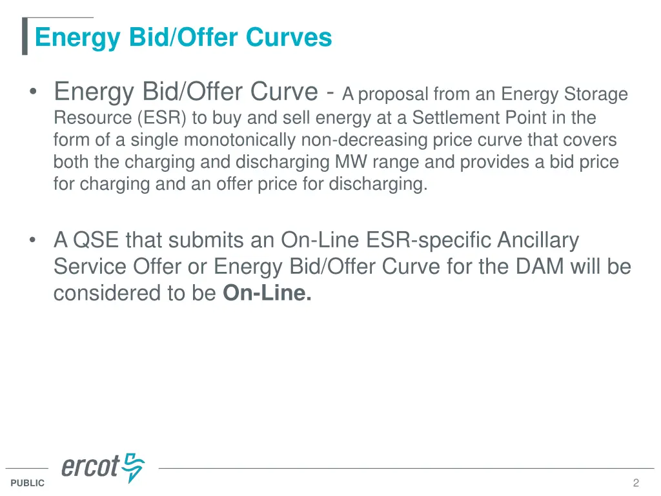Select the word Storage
(596, 95)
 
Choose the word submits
(201, 240)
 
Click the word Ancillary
(538, 240)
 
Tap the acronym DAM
(533, 267)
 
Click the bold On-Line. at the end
(267, 293)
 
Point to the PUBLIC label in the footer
(28, 483)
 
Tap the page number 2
(636, 483)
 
